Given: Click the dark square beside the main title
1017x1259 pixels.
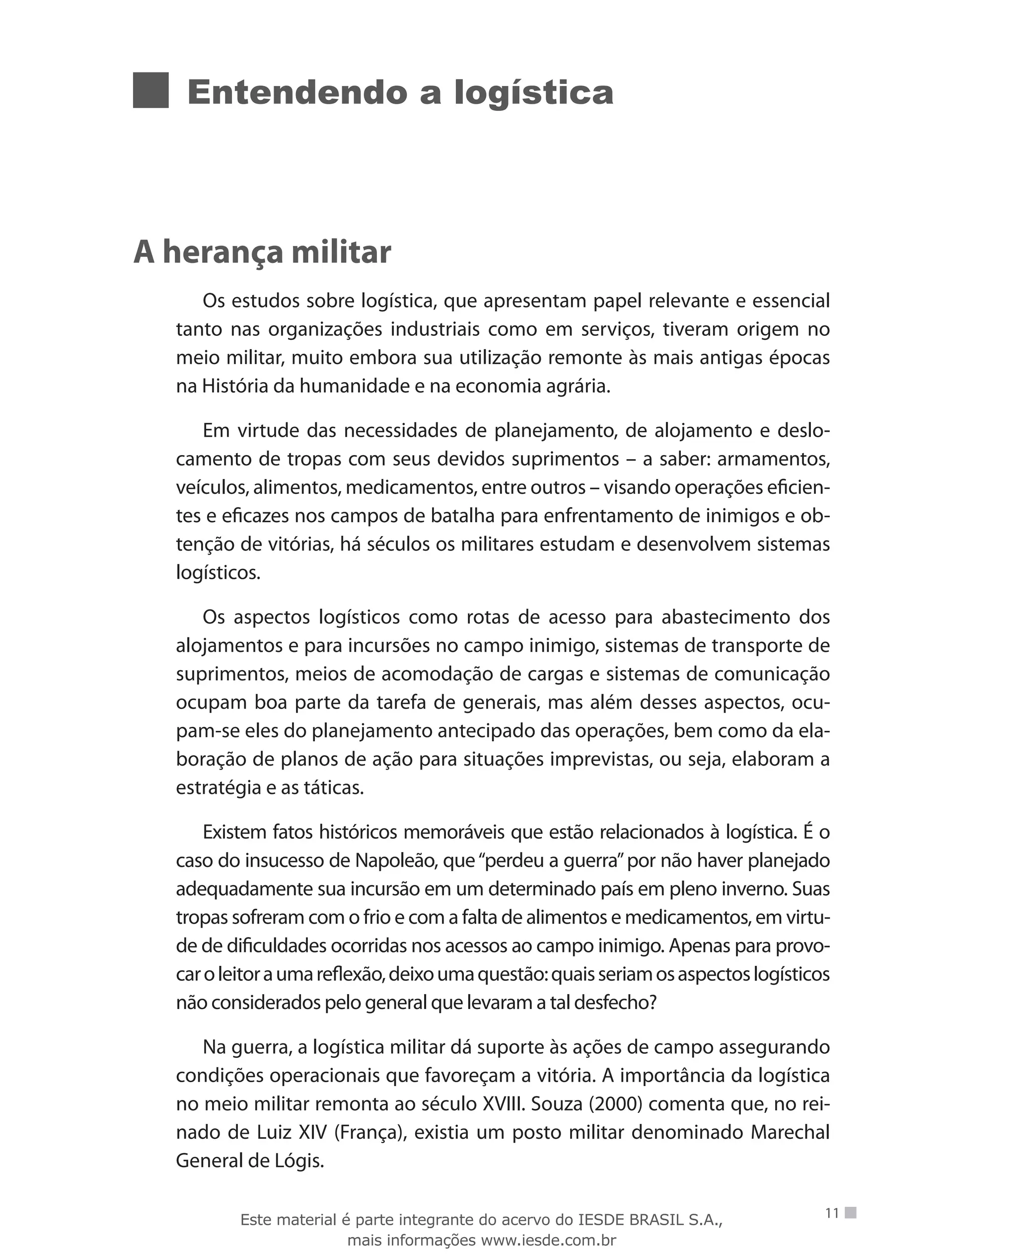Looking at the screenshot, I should point(150,90).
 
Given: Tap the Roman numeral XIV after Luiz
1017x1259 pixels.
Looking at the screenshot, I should point(313,1132).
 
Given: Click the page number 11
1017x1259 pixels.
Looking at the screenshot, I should point(832,1213).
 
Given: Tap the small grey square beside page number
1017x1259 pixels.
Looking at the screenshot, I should point(851,1213).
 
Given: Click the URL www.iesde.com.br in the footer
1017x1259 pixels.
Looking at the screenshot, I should point(548,1240).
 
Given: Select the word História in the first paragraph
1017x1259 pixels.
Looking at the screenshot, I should point(235,386).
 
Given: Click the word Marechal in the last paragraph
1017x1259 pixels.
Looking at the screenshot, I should point(790,1132).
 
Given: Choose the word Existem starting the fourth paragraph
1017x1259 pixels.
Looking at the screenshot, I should point(234,832).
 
